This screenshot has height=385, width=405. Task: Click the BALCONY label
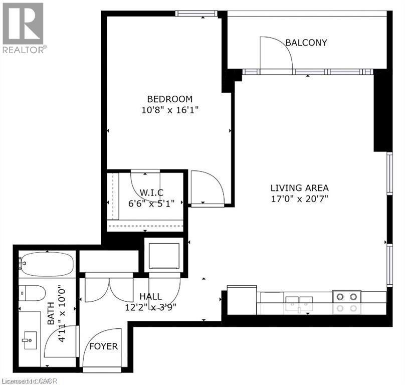pos(306,43)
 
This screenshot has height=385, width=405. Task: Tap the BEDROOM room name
pos(169,99)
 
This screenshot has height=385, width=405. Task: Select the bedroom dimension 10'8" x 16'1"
pos(169,110)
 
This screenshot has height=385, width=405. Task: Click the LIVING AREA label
pos(300,188)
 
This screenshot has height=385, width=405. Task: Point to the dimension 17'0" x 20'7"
pos(300,199)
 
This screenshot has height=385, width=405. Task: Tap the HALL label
pos(150,296)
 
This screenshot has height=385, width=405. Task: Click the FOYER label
pos(103,346)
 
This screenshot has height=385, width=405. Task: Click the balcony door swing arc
pos(276,52)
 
